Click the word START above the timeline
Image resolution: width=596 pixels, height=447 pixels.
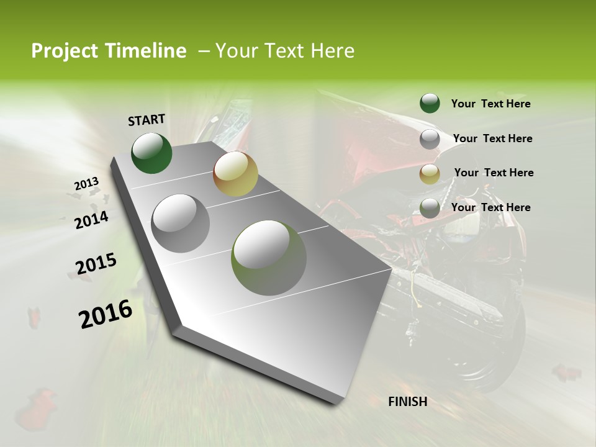click(147, 120)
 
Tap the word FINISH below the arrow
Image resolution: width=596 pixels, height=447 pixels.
click(407, 402)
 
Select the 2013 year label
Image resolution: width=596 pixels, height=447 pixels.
click(86, 184)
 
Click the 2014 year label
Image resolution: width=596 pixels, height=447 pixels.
click(91, 220)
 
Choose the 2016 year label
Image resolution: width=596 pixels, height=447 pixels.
click(105, 314)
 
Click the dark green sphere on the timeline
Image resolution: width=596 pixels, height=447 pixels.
click(151, 153)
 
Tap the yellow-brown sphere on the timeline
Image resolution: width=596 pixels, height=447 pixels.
click(235, 174)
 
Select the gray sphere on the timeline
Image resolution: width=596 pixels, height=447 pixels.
click(181, 223)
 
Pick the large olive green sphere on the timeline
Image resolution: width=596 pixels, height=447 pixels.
click(269, 258)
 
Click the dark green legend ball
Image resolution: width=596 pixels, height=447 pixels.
click(430, 103)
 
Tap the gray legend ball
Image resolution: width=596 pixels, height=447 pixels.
click(430, 139)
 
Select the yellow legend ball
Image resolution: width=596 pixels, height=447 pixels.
click(430, 174)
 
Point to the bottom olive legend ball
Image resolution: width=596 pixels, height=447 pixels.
click(430, 209)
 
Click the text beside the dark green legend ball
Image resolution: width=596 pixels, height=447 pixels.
click(490, 104)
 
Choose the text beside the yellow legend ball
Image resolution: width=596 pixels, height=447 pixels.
click(494, 173)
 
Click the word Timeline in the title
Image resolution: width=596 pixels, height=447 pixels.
click(147, 51)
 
